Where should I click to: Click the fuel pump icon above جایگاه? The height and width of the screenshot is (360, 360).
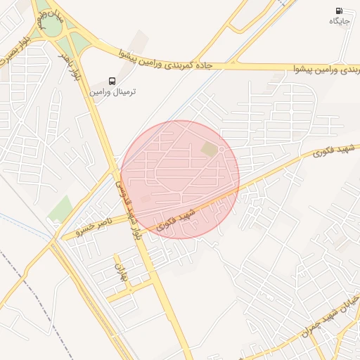pos(340,11)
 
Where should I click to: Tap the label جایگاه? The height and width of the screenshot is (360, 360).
pos(340,22)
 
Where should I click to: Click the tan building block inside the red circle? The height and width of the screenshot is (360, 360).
pos(210,149)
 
